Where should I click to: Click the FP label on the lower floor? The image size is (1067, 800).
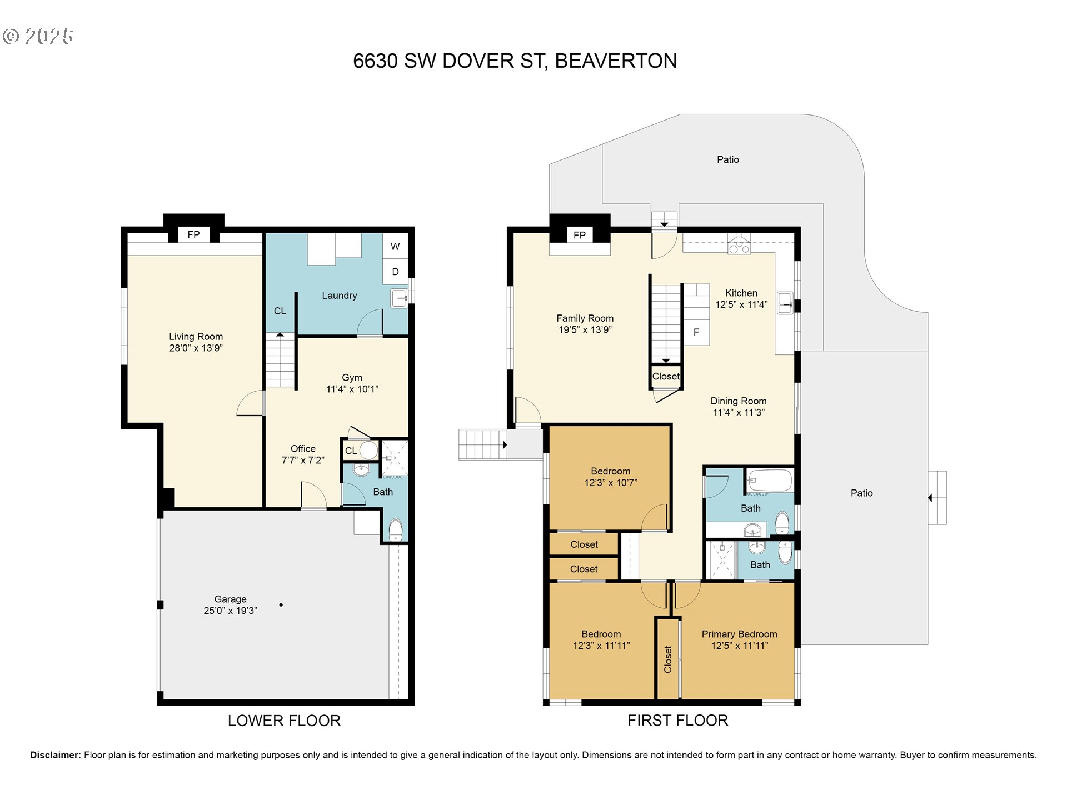[193, 234]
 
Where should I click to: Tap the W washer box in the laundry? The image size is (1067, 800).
[395, 246]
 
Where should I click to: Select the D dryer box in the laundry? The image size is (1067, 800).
[395, 272]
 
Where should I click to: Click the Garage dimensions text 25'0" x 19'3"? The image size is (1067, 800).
[230, 611]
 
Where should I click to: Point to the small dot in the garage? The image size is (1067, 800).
[281, 604]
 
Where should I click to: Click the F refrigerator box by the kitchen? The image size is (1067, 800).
[696, 332]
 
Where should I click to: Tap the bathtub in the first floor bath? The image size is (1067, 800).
[770, 481]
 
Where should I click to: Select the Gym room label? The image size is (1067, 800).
[352, 378]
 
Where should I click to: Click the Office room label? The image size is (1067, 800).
[303, 448]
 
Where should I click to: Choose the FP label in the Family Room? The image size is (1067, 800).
[580, 235]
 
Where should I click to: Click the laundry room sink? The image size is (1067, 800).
[400, 298]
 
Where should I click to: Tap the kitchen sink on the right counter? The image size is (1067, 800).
[785, 303]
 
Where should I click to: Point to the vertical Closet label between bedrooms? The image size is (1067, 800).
[668, 659]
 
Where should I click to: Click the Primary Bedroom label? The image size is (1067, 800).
[739, 634]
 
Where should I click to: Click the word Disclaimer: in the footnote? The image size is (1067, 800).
[56, 755]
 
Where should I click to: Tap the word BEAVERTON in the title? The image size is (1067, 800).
[616, 61]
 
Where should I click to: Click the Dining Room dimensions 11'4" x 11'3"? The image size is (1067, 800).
[739, 412]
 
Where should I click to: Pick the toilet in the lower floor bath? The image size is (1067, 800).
[395, 529]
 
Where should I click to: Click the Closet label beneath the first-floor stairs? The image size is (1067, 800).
[666, 376]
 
